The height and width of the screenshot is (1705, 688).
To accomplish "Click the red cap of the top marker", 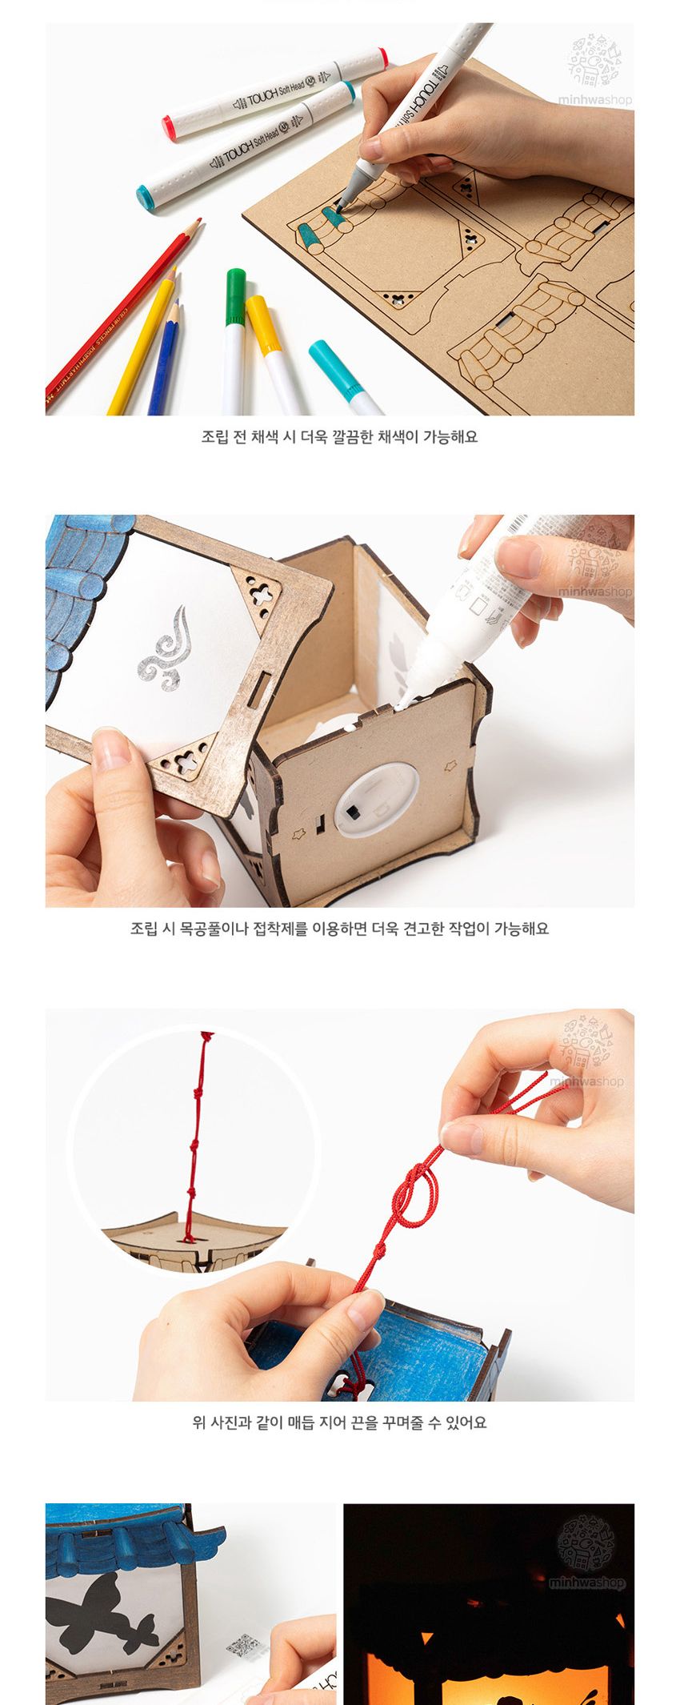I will [x=170, y=128].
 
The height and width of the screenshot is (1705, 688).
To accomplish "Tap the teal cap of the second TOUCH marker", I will [x=147, y=196].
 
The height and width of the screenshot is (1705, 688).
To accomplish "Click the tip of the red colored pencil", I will [x=197, y=222].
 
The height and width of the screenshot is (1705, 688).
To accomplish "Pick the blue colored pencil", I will [x=164, y=360].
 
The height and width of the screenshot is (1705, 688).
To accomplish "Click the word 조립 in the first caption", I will [x=214, y=437].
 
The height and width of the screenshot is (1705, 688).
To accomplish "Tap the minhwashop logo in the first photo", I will [x=594, y=72].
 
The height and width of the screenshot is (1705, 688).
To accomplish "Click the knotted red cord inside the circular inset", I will [x=194, y=1137].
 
